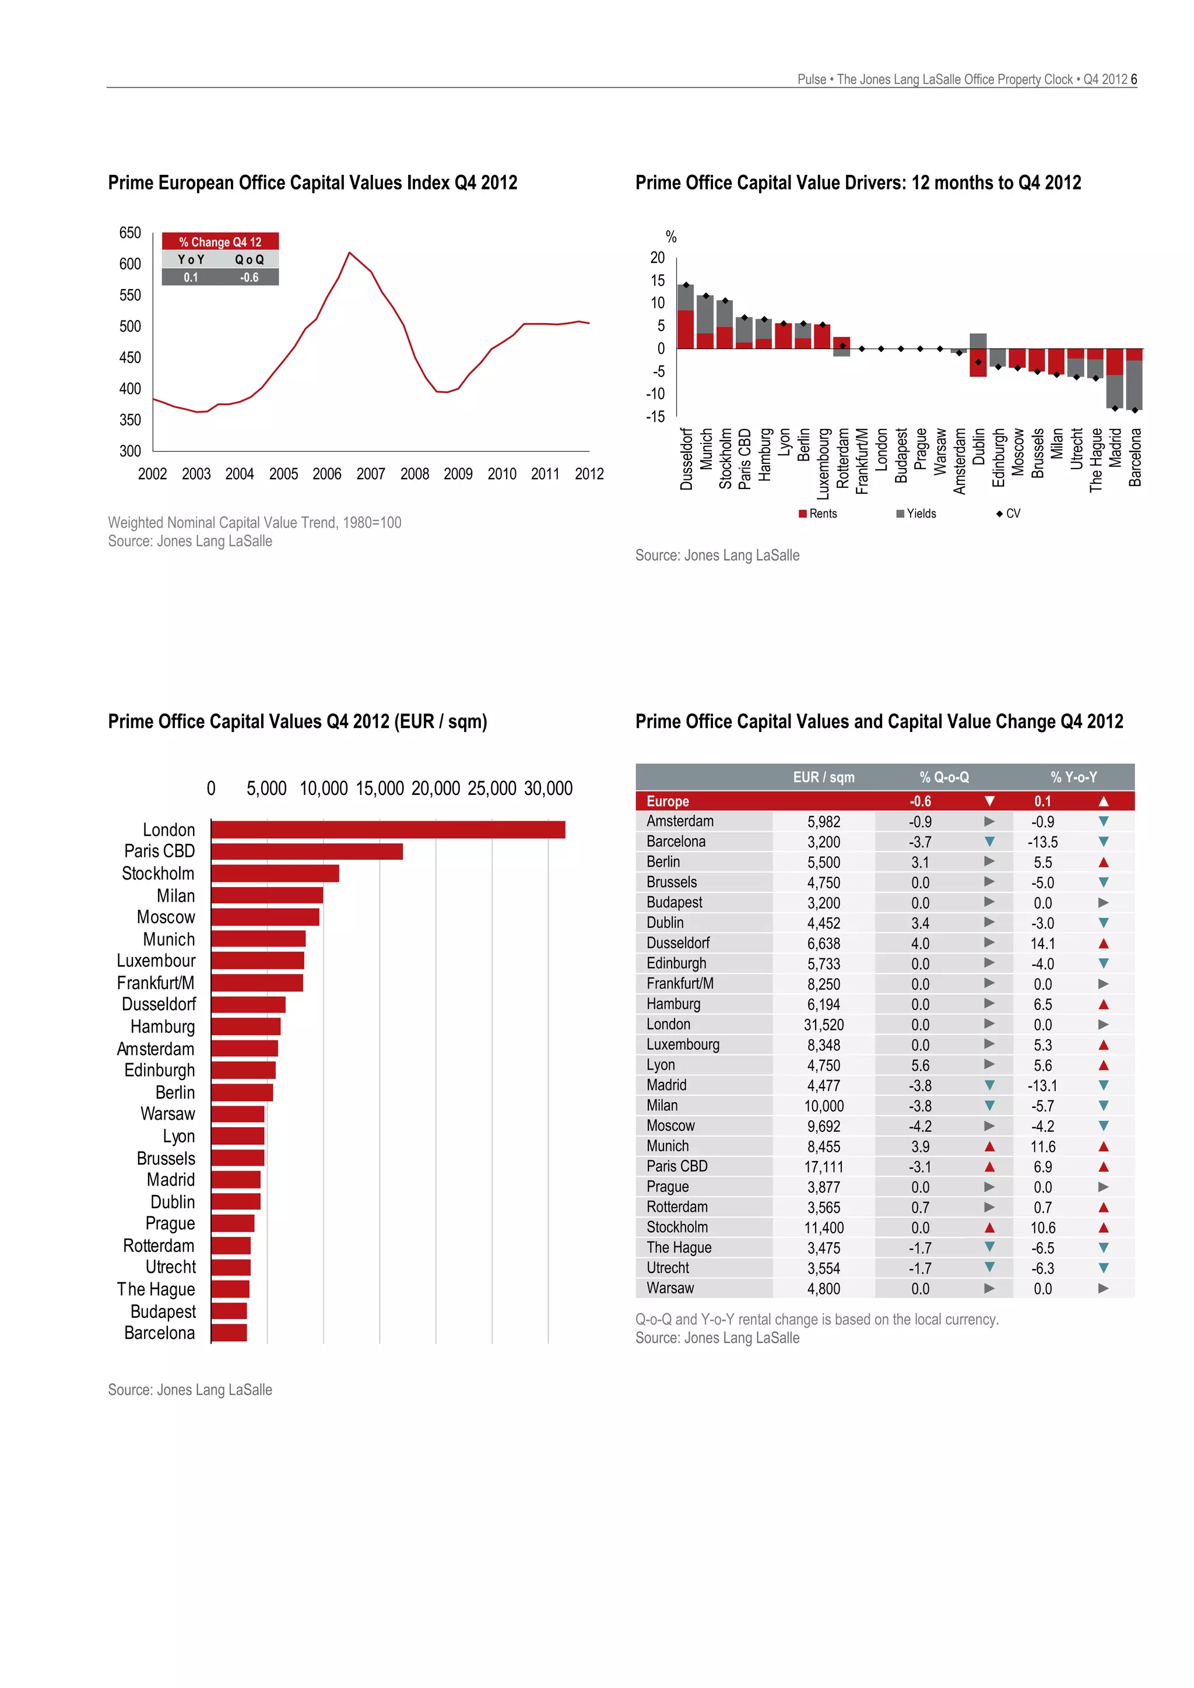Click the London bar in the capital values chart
click(388, 829)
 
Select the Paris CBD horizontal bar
click(307, 852)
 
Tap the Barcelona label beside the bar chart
click(160, 1333)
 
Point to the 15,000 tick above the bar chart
click(380, 788)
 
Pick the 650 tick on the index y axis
click(130, 233)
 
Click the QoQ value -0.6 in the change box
click(250, 277)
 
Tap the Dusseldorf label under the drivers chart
click(687, 459)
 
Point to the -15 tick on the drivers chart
click(655, 417)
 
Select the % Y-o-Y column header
click(1073, 777)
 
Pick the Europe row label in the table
click(668, 801)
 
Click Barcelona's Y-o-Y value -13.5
click(1042, 842)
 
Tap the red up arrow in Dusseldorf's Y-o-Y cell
click(1103, 943)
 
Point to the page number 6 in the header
click(1134, 79)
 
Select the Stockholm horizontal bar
click(275, 873)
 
